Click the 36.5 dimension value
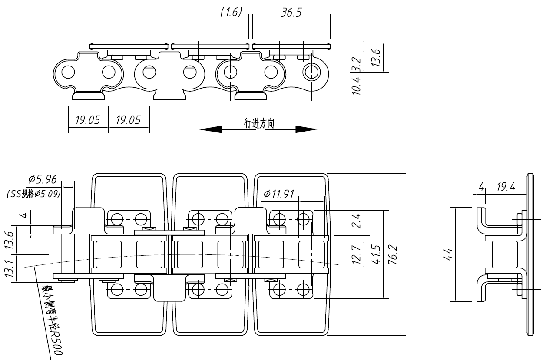pyautogui.click(x=291, y=13)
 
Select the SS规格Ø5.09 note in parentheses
pyautogui.click(x=33, y=194)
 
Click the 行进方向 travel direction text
pyautogui.click(x=259, y=124)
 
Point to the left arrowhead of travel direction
pyautogui.click(x=211, y=129)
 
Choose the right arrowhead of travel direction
pyautogui.click(x=307, y=129)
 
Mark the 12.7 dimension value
pyautogui.click(x=356, y=256)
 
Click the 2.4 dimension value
pyautogui.click(x=356, y=223)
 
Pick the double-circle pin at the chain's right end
pyautogui.click(x=311, y=71)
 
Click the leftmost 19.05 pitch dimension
pyautogui.click(x=88, y=120)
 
